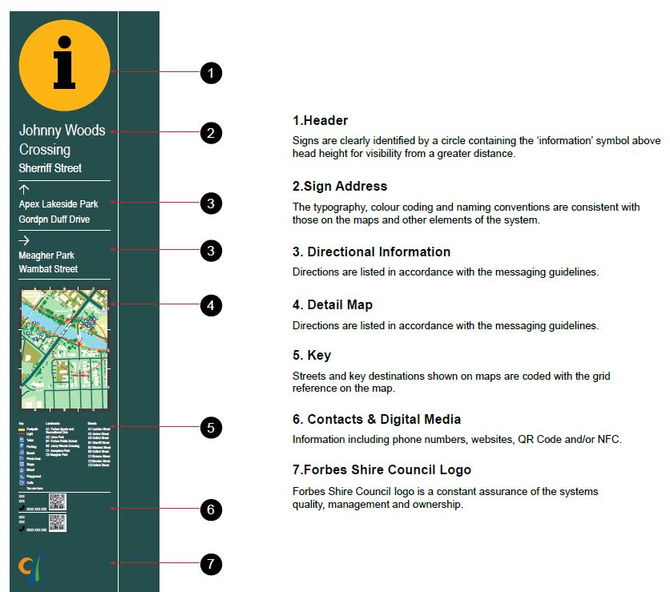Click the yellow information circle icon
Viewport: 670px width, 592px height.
click(x=64, y=66)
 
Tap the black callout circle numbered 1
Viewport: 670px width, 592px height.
click(x=210, y=73)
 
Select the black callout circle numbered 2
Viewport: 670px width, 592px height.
click(x=210, y=132)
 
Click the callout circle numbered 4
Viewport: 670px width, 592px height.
click(x=210, y=305)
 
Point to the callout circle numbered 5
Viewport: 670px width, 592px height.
click(x=210, y=428)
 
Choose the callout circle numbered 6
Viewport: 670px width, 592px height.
click(x=210, y=509)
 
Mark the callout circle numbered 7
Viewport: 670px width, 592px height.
click(x=210, y=564)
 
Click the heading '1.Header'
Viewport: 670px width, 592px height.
click(x=321, y=121)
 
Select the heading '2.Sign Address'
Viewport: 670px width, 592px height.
click(x=340, y=186)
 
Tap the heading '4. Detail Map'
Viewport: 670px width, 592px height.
click(x=333, y=304)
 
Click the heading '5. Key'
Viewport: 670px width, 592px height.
click(x=312, y=355)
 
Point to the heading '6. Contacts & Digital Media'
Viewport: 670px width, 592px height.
click(x=377, y=419)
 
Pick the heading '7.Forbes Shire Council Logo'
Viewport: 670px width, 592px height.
click(x=381, y=469)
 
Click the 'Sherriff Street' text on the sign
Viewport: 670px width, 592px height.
click(x=50, y=168)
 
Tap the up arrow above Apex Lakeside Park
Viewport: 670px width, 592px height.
click(x=24, y=190)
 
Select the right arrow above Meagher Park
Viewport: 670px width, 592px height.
click(x=24, y=240)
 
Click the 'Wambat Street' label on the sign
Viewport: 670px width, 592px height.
click(x=49, y=269)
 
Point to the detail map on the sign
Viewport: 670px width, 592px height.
click(x=64, y=349)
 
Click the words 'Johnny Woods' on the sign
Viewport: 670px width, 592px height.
click(x=62, y=130)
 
